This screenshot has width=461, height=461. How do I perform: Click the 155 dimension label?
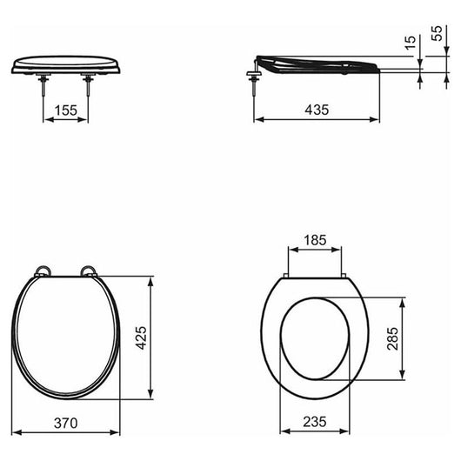tap(66, 110)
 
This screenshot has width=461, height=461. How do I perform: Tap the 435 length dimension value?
tap(317, 110)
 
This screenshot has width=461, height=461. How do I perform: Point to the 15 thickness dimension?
tap(411, 43)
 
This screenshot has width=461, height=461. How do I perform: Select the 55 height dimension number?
tap(438, 33)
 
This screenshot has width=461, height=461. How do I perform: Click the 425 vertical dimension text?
tap(142, 337)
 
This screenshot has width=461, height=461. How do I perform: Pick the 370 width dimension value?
tap(66, 423)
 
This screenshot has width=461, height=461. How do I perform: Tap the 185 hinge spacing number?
tap(315, 240)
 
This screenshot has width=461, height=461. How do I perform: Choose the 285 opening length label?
tap(393, 338)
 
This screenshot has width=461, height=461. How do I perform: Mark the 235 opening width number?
tap(315, 422)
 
